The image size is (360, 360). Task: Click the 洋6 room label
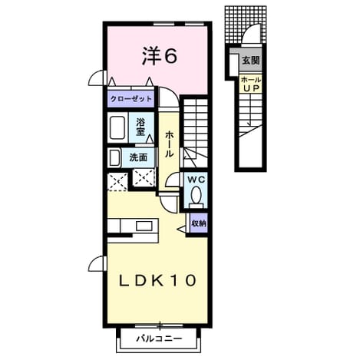tap(159, 56)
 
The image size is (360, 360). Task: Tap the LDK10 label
tap(158, 280)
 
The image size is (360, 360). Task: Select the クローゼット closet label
tap(130, 99)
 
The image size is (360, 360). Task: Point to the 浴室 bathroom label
tap(140, 127)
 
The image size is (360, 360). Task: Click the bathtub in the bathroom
tap(117, 127)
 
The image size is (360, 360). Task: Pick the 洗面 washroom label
tap(138, 157)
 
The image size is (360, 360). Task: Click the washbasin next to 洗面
tap(114, 158)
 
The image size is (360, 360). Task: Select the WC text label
tap(197, 180)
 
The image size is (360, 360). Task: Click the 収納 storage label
tap(199, 223)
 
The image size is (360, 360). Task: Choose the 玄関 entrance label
tap(251, 61)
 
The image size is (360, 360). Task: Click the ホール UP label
tap(251, 84)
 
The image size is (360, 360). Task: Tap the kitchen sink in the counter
tap(144, 226)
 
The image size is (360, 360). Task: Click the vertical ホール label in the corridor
tap(169, 144)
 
